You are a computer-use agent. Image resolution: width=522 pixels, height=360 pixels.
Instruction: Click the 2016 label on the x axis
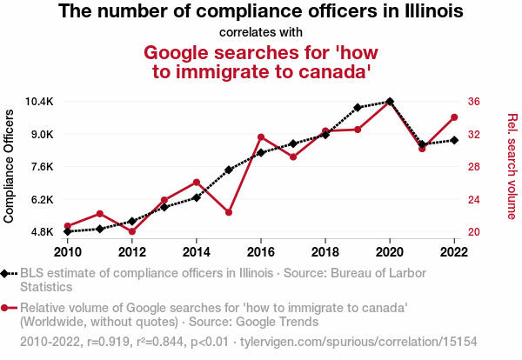click(261, 252)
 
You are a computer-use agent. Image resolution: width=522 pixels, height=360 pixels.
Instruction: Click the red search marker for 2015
click(229, 212)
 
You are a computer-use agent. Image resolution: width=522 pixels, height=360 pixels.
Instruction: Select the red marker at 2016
click(261, 137)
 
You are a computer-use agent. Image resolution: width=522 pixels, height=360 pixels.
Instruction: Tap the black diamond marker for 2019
click(358, 108)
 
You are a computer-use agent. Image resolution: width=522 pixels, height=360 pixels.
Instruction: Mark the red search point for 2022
click(454, 117)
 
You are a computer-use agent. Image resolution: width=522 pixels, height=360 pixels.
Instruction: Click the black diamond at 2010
click(68, 231)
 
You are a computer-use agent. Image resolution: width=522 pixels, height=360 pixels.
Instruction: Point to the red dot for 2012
click(132, 231)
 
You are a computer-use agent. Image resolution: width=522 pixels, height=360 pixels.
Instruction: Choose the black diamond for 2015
click(229, 170)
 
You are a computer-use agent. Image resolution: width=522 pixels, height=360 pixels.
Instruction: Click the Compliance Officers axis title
click(10, 166)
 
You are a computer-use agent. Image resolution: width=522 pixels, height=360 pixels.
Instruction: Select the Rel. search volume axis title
click(512, 166)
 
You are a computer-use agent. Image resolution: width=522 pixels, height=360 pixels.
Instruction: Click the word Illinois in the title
click(425, 12)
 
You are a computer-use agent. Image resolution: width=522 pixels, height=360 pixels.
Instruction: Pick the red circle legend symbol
click(7, 308)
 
